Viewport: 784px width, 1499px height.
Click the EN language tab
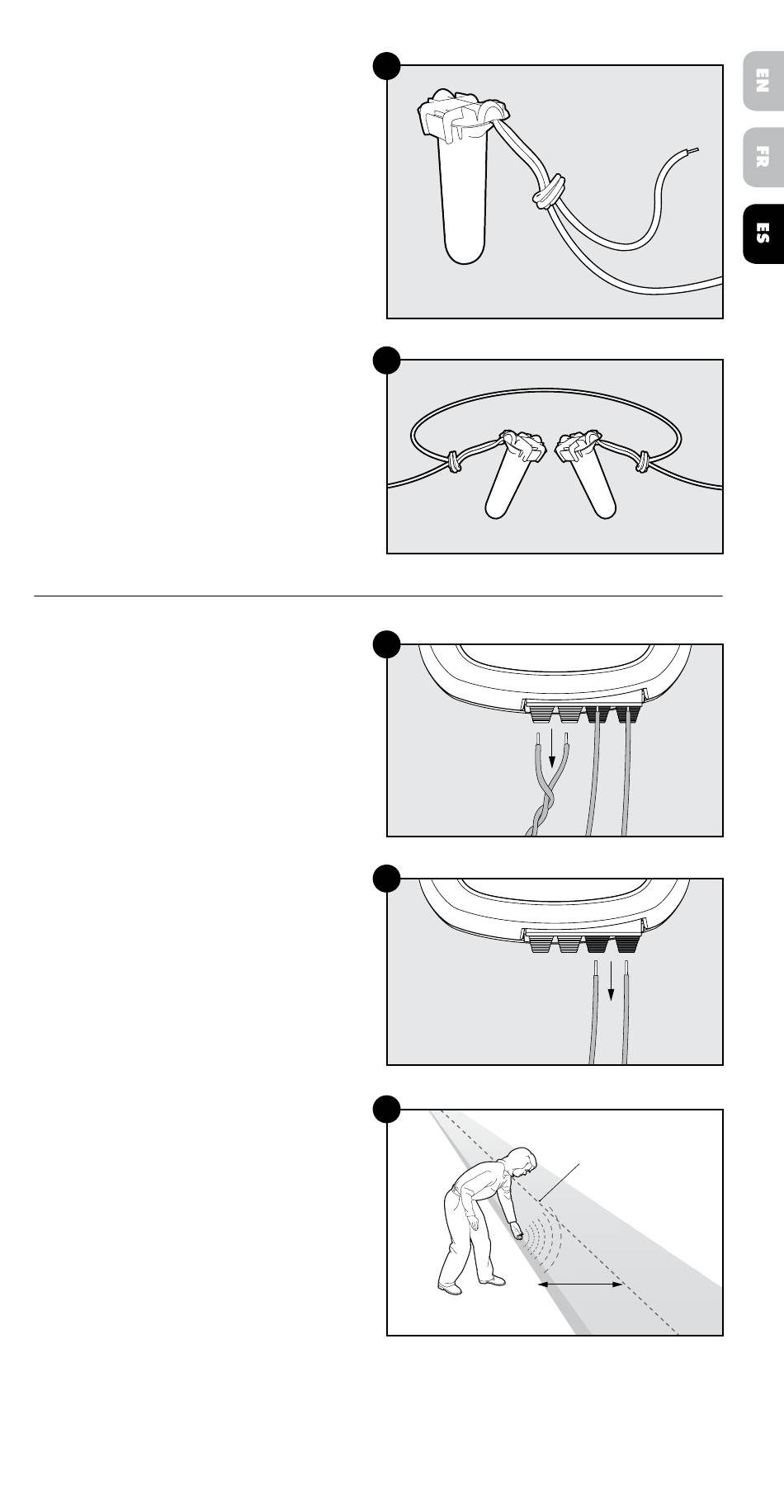763,81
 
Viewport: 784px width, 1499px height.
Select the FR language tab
763,157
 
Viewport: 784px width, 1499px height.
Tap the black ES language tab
763,233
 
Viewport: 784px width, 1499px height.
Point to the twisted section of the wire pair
548,804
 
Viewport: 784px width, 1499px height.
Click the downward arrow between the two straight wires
612,979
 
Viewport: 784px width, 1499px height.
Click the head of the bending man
522,1161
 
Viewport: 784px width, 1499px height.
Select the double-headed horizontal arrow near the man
580,1285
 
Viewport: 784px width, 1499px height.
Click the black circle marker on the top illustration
386,65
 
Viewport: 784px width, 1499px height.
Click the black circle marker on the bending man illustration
386,1109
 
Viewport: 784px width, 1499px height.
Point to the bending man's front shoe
492,1280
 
